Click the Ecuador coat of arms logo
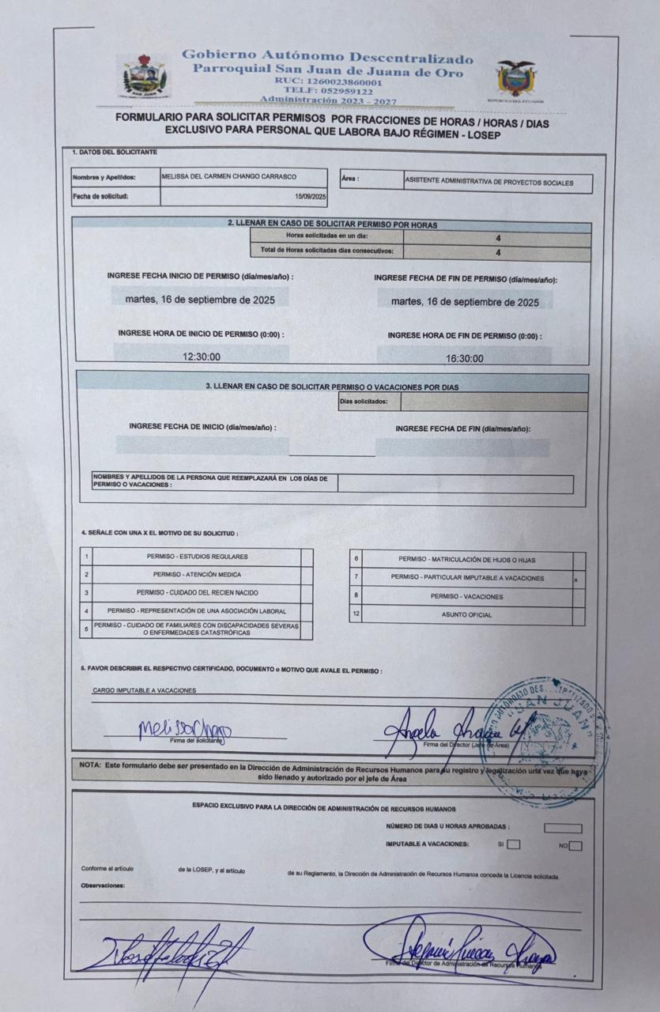(516, 78)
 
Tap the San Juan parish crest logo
(145, 77)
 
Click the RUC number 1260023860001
(328, 81)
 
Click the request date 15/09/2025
(311, 196)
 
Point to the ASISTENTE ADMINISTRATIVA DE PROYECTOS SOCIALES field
(488, 182)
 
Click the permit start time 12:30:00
(202, 357)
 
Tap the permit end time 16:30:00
(465, 358)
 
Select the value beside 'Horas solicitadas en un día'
(498, 237)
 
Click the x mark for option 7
(576, 579)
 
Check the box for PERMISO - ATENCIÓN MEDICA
(307, 575)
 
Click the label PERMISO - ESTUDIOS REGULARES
(197, 557)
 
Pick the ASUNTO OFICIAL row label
(466, 615)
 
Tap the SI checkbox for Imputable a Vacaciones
(514, 844)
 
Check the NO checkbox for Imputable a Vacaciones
(575, 846)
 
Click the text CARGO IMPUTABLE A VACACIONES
(144, 690)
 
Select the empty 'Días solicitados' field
(493, 402)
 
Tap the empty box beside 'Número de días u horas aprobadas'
(563, 828)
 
